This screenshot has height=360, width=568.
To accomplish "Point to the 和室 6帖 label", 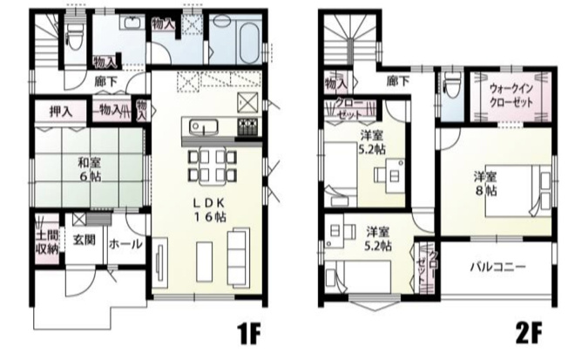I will point(85,167).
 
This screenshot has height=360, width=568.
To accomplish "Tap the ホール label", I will point(126,245).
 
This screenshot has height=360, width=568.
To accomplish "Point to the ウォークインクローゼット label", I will point(511,93).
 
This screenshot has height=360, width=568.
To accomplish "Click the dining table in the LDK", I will point(211,162).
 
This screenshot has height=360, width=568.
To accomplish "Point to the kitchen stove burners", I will point(247,128).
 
